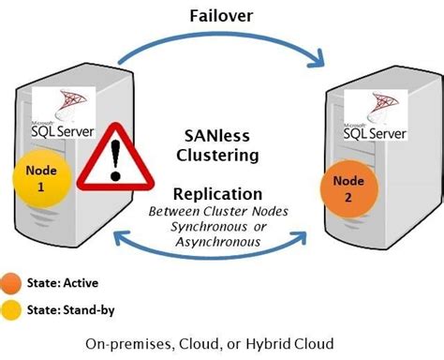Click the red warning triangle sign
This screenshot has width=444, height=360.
point(114,156)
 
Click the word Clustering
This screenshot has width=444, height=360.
point(221,153)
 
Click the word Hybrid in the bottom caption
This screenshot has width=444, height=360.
point(278,342)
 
